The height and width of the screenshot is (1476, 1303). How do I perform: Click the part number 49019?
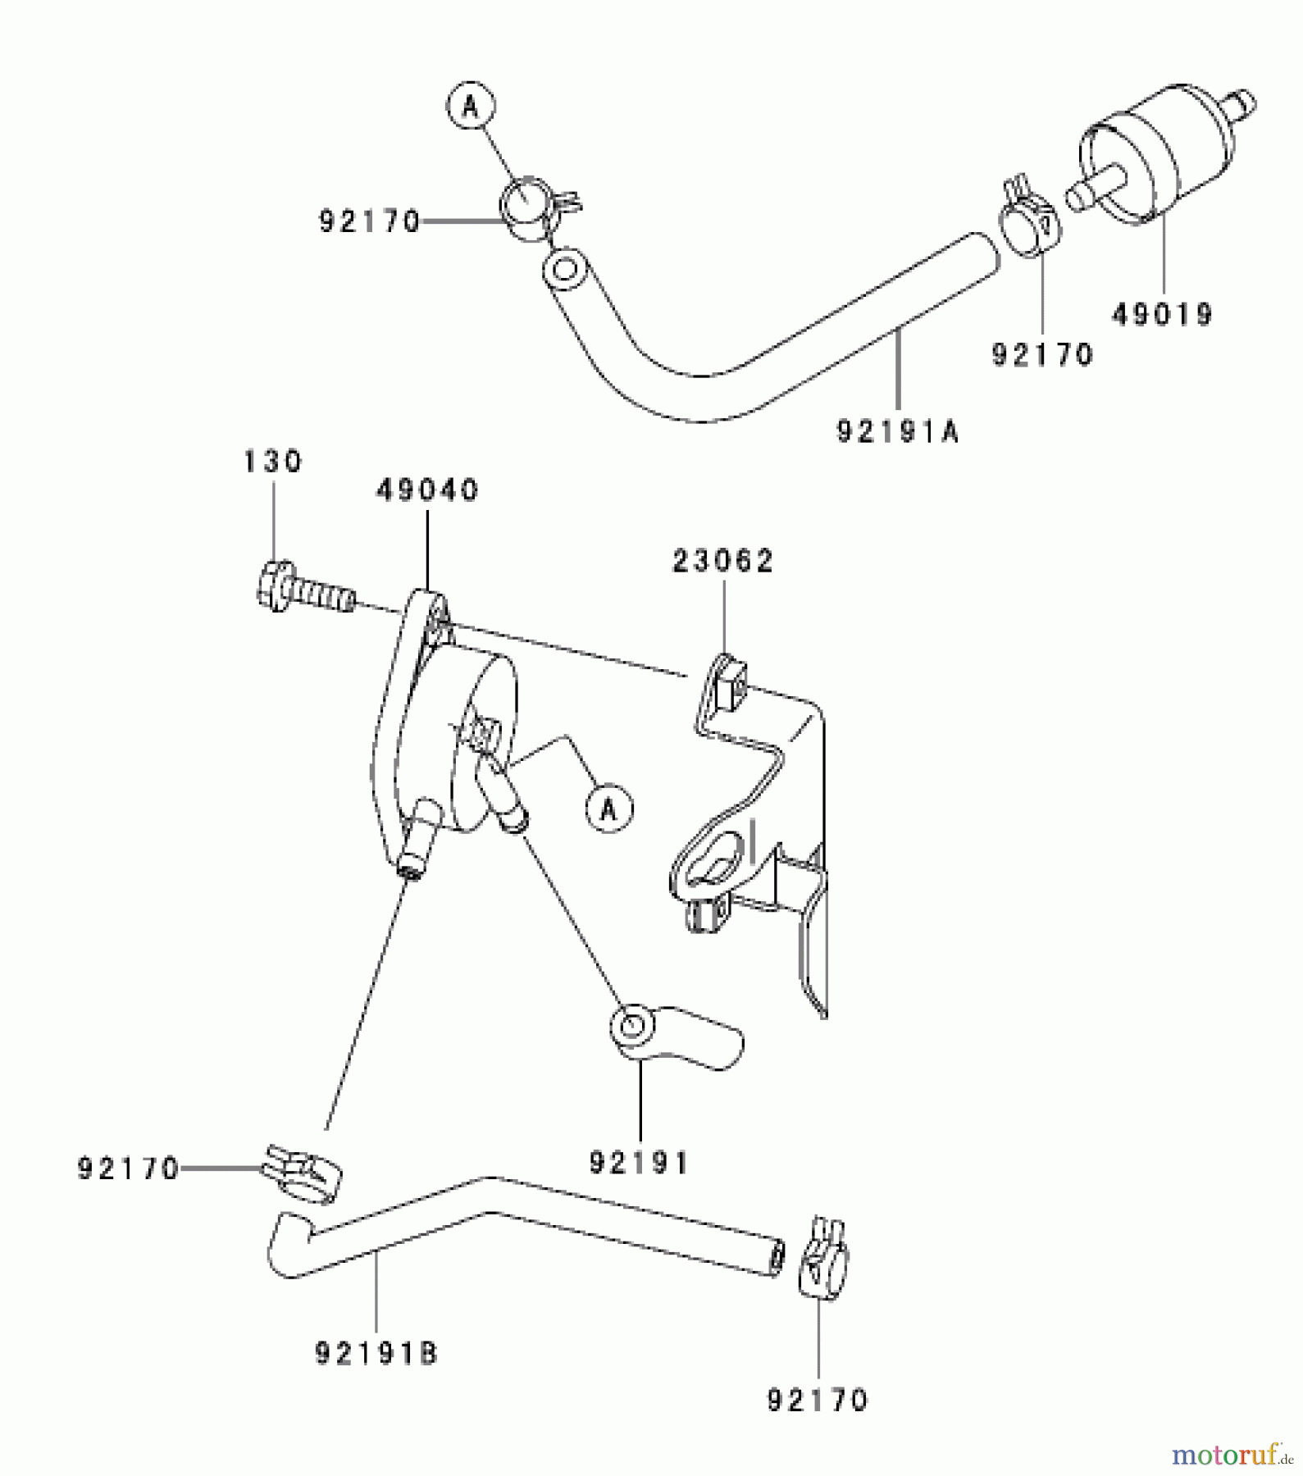[1162, 314]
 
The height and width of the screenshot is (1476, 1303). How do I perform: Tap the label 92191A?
[897, 431]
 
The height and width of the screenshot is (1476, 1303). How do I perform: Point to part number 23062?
[723, 562]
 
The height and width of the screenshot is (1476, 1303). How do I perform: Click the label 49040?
[427, 490]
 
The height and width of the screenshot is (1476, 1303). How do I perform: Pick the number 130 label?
[273, 461]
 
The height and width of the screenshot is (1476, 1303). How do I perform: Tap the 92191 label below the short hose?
[640, 1163]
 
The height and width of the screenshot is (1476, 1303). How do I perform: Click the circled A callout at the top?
[471, 106]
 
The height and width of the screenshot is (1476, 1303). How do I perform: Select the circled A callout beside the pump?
[608, 810]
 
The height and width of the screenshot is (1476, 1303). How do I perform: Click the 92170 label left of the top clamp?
[370, 221]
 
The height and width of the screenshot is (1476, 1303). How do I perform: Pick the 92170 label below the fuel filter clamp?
[1042, 354]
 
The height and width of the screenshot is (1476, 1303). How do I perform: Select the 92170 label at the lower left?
[129, 1168]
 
